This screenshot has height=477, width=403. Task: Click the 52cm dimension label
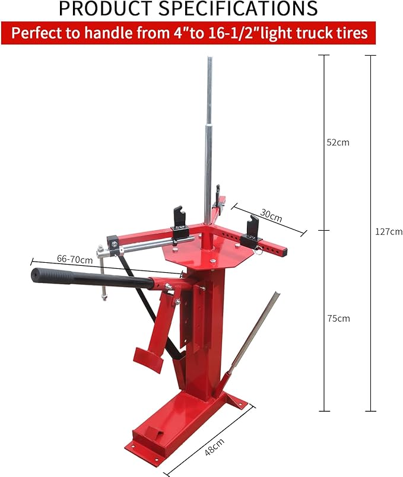click(x=338, y=142)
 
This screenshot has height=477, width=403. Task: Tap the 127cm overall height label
click(x=388, y=231)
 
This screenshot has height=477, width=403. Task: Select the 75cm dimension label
click(x=338, y=319)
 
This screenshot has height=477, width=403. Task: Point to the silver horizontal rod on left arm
click(x=145, y=244)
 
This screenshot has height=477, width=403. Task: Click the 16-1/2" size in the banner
click(x=228, y=33)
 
